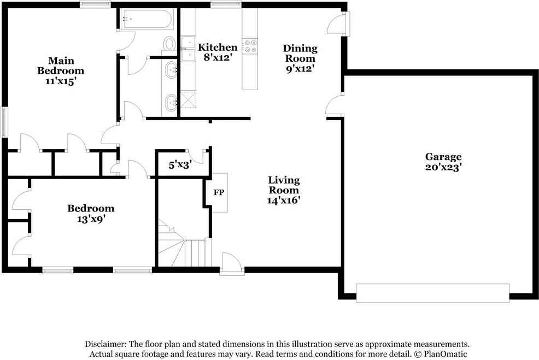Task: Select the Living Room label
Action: [284, 185]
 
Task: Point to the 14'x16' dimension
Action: [284, 200]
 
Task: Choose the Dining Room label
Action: [300, 54]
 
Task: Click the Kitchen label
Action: [218, 48]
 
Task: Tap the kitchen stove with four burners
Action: [250, 46]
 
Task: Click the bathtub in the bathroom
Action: [146, 20]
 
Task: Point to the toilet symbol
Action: [169, 43]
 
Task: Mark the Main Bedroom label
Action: [61, 66]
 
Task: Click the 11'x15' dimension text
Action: [61, 81]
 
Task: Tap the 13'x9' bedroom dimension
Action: [91, 219]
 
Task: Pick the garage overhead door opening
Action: [432, 293]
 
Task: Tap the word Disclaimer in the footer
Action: [105, 344]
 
